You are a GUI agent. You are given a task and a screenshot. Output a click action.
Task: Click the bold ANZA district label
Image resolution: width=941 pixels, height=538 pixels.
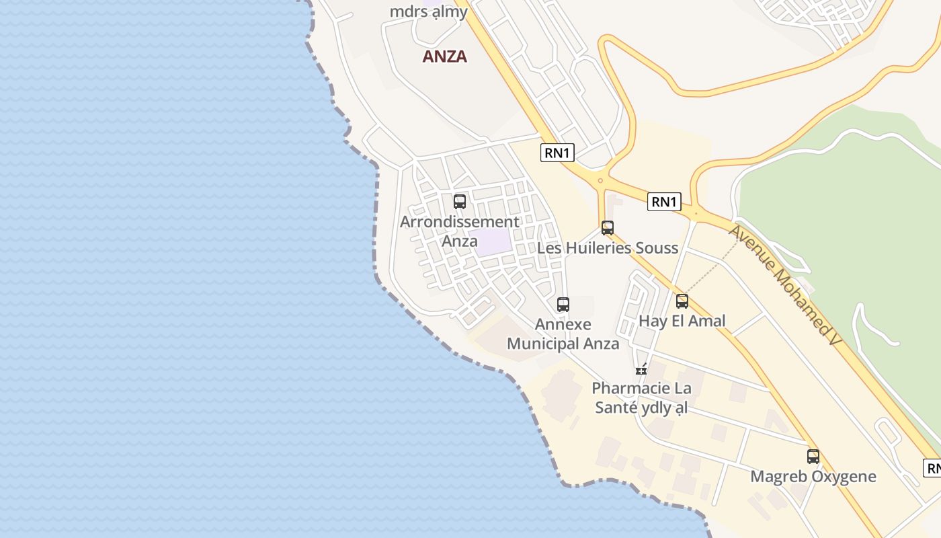[444, 56]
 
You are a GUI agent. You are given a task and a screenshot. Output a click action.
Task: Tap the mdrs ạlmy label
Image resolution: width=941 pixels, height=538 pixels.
[429, 11]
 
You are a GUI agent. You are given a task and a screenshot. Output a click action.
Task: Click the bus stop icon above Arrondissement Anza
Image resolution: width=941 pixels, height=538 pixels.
[460, 201]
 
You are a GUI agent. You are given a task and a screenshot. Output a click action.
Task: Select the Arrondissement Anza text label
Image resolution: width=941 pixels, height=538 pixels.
[460, 231]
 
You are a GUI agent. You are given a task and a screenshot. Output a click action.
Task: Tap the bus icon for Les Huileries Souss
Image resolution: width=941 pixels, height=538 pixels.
[608, 228]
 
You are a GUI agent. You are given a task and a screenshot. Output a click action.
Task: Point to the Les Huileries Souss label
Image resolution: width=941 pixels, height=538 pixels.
[608, 248]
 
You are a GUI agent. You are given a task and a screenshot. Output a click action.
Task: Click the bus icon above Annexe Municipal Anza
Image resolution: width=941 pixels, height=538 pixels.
[563, 304]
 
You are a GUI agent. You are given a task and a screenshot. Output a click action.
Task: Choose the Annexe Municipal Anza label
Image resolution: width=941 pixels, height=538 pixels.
[563, 334]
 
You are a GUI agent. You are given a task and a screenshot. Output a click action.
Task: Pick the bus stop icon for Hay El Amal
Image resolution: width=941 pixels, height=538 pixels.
[682, 301]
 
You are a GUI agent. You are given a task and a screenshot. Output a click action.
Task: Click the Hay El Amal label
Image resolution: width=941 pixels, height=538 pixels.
[682, 321]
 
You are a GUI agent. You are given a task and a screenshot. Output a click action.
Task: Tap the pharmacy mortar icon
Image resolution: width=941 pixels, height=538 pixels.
[641, 369]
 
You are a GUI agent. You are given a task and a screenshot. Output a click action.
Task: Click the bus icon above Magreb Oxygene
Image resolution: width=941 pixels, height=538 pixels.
[813, 457]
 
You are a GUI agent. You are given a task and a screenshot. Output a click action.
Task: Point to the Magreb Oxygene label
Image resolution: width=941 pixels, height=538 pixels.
[813, 477]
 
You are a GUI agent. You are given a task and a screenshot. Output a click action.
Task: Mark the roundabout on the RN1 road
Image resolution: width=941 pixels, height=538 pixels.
[600, 180]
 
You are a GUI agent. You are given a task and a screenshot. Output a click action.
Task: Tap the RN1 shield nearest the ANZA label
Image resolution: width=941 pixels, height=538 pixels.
[557, 153]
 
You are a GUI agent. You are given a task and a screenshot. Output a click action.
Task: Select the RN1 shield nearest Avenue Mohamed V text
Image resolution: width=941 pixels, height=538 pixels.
[664, 202]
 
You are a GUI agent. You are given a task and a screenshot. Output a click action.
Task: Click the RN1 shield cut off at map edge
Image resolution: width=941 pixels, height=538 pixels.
[932, 468]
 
